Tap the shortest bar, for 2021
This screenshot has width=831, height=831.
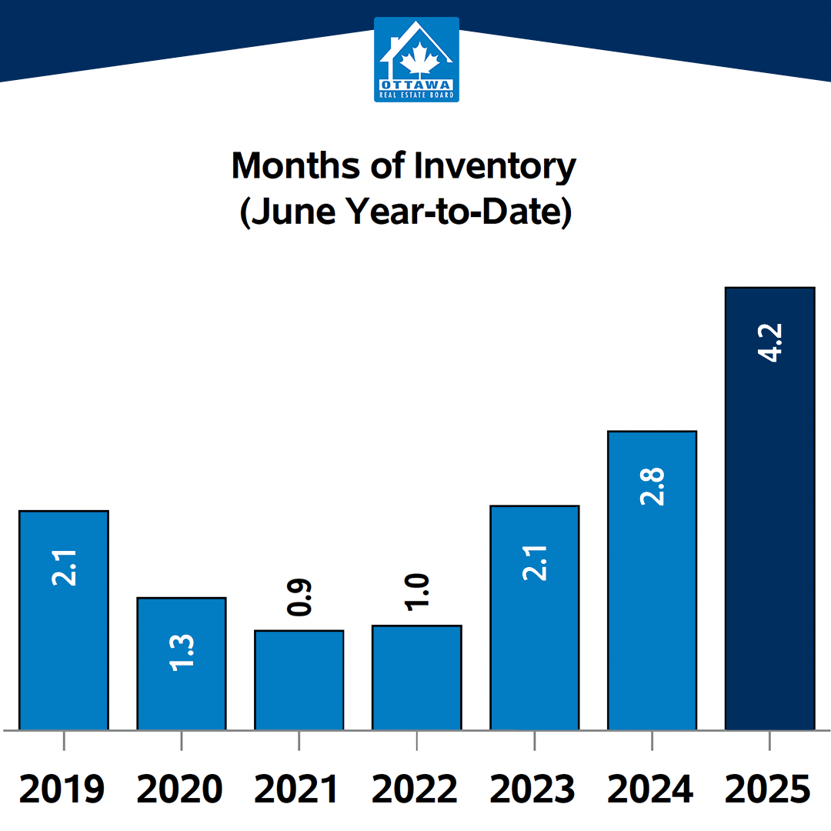pyautogui.click(x=299, y=680)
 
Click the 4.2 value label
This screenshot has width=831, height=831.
pyautogui.click(x=770, y=343)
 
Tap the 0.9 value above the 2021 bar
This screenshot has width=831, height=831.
pyautogui.click(x=299, y=598)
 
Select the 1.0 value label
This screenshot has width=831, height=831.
pyautogui.click(x=417, y=592)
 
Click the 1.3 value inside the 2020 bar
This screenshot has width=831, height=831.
pyautogui.click(x=182, y=652)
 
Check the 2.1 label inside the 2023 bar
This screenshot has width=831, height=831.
pyautogui.click(x=535, y=562)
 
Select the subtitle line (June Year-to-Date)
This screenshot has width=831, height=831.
pyautogui.click(x=405, y=212)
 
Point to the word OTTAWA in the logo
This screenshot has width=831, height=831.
pyautogui.click(x=416, y=85)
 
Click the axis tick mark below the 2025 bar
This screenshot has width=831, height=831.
pyautogui.click(x=769, y=740)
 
